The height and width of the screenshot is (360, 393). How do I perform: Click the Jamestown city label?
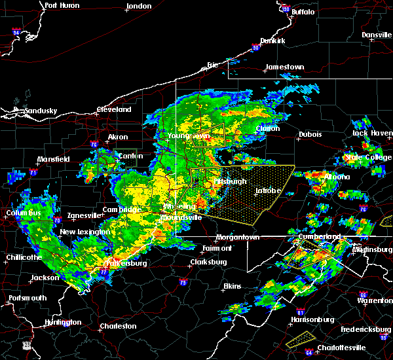pos(284,67)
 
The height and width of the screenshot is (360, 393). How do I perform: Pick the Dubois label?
pos(309,134)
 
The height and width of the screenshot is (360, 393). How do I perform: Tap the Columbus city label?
pos(24,213)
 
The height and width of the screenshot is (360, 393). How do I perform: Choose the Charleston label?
pos(119,326)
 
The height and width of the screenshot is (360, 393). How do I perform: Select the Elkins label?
pos(232,286)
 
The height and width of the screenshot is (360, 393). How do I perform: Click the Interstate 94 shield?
pos(16,31)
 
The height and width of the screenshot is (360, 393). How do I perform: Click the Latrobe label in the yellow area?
pos(268,191)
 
